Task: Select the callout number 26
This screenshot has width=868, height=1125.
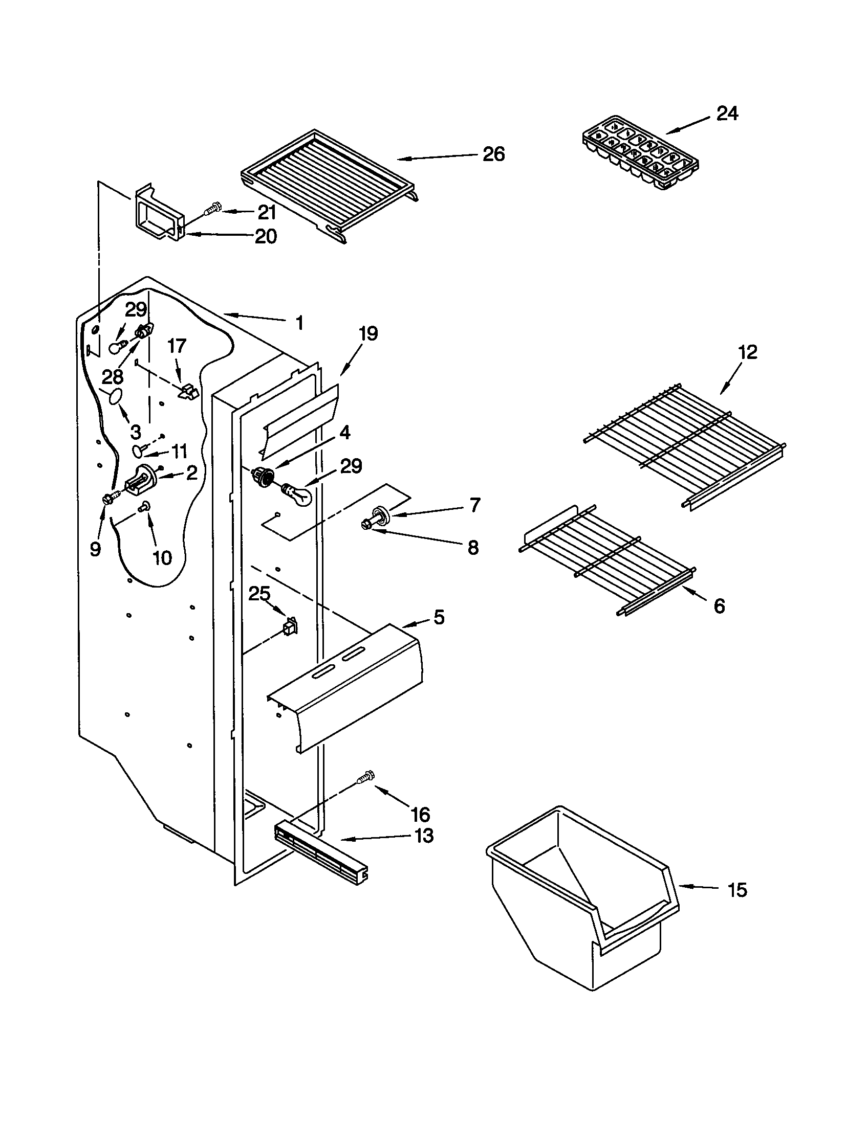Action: coord(493,154)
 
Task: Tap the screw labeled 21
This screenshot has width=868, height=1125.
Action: coord(212,210)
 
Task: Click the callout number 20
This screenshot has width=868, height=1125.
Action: coord(266,236)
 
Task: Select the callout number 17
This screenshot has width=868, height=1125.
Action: coord(177,346)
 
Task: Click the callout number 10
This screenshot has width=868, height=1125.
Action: coord(162,557)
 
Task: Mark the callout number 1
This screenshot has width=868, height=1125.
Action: coord(299,323)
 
